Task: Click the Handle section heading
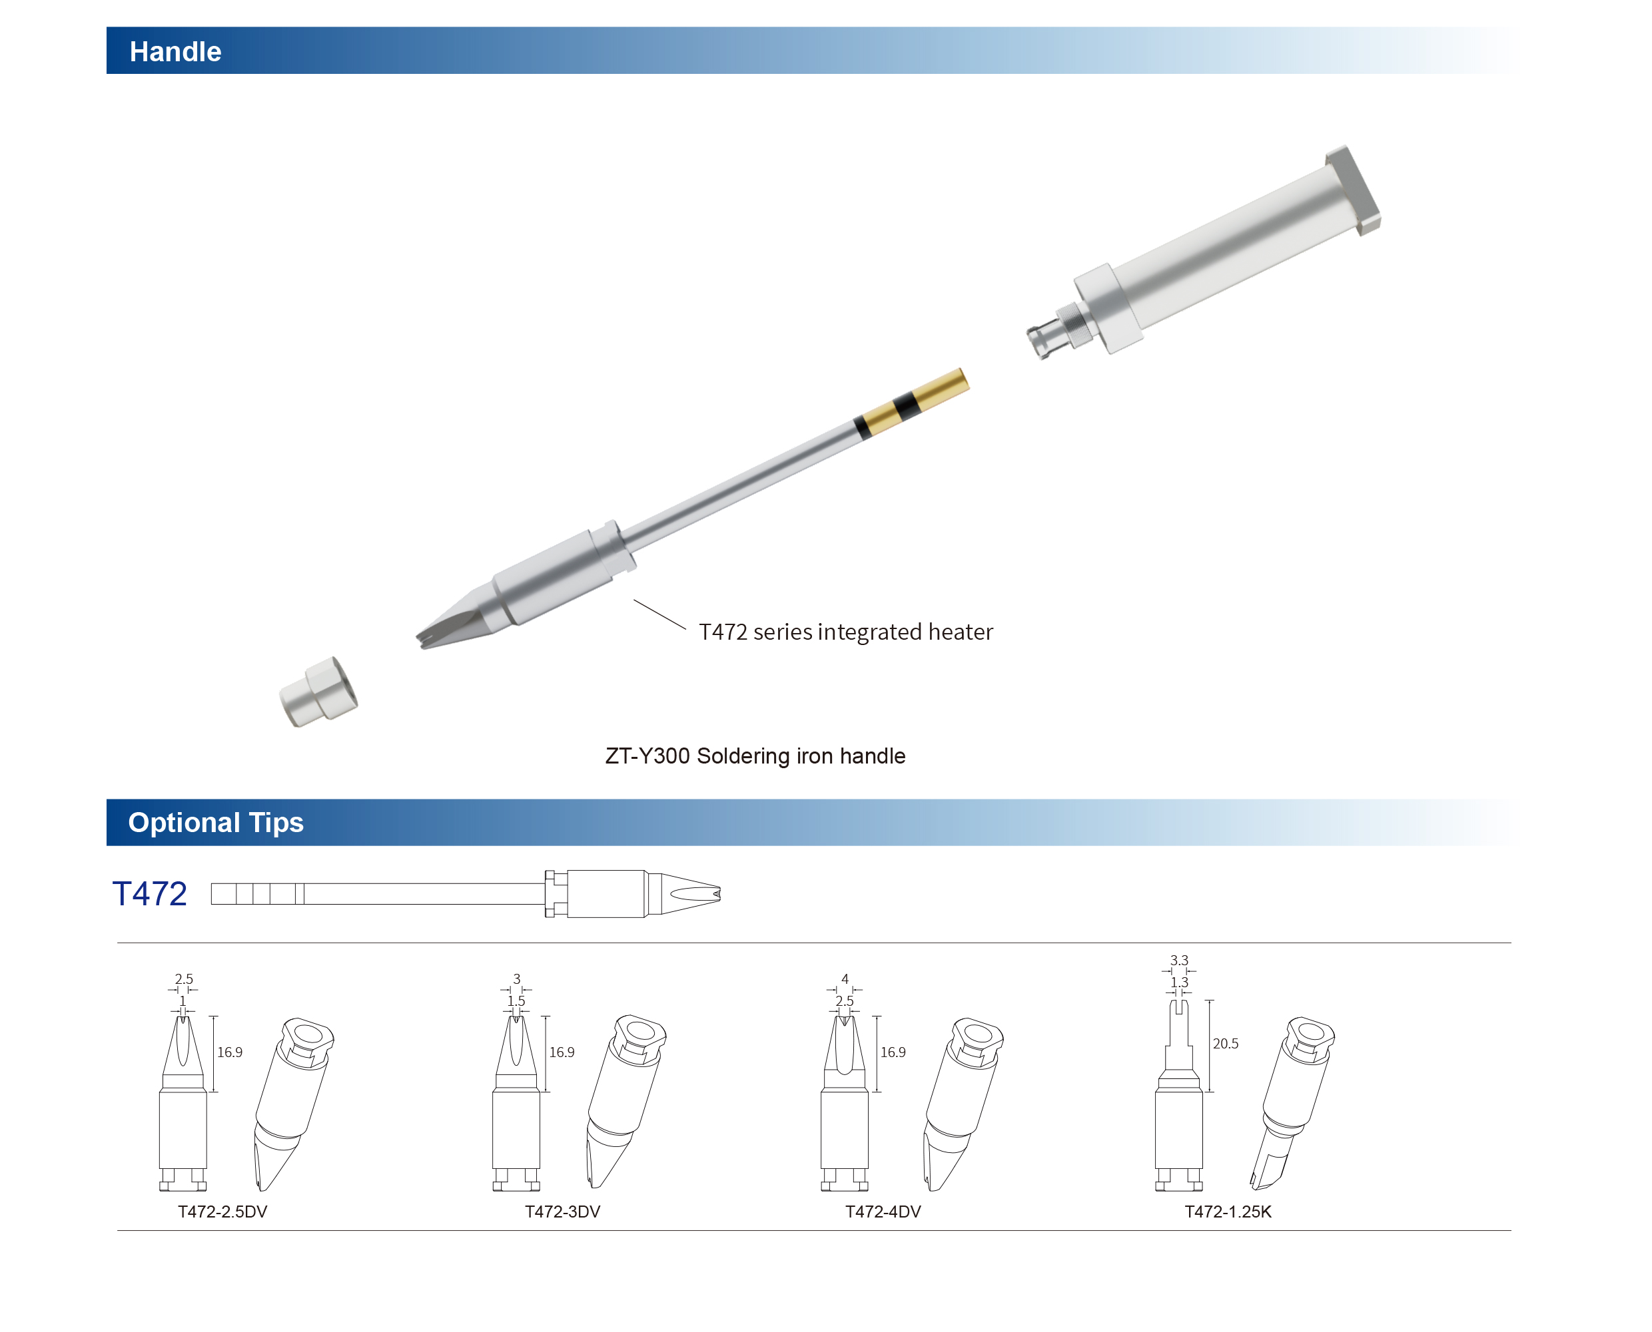pyautogui.click(x=175, y=51)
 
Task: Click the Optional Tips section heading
pyautogui.click(x=216, y=823)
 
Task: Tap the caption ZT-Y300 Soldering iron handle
pyautogui.click(x=755, y=756)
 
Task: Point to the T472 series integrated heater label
pyautogui.click(x=845, y=632)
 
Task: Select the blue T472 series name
pyautogui.click(x=150, y=894)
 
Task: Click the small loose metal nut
pyautogui.click(x=318, y=692)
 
